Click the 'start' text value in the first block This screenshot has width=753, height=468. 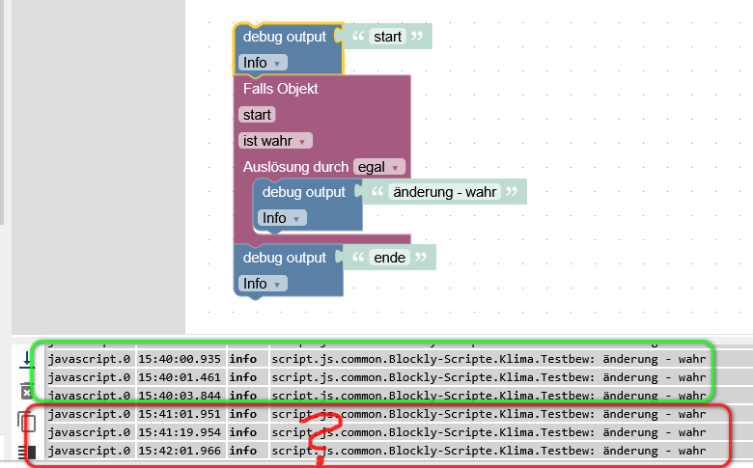(x=387, y=37)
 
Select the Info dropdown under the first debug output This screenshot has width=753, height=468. (x=263, y=63)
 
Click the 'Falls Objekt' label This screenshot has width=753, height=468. (x=280, y=89)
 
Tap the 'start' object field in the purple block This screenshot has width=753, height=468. (x=258, y=115)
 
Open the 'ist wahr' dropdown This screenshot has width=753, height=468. (x=275, y=141)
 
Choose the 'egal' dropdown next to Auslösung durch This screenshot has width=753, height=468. (x=378, y=167)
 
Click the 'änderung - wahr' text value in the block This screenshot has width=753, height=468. (x=444, y=192)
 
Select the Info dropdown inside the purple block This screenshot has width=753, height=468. (x=282, y=218)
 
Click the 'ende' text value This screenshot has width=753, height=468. (x=390, y=258)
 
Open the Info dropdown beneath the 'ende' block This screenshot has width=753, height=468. (x=263, y=284)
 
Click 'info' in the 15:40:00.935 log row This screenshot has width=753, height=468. (x=242, y=358)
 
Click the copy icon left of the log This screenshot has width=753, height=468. (x=26, y=421)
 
